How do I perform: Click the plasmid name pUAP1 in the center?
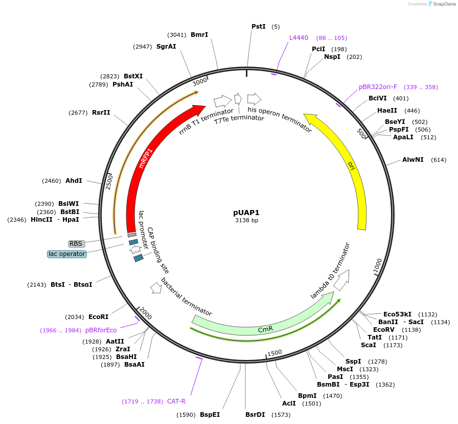coord(246,212)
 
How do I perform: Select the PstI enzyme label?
coord(259,26)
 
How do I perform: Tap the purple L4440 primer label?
coord(299,37)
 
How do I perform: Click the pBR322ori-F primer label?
coord(378,87)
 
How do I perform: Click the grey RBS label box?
coord(76,244)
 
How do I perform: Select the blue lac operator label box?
coord(66,254)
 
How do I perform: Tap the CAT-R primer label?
coord(176,401)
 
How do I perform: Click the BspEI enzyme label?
coord(210,415)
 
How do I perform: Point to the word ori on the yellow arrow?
coord(351,165)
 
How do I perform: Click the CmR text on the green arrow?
coord(265,329)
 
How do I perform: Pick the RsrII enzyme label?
coord(101,113)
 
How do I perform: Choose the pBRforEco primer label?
coord(101,330)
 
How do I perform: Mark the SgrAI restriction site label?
coord(166,47)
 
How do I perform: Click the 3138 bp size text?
coord(246,220)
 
